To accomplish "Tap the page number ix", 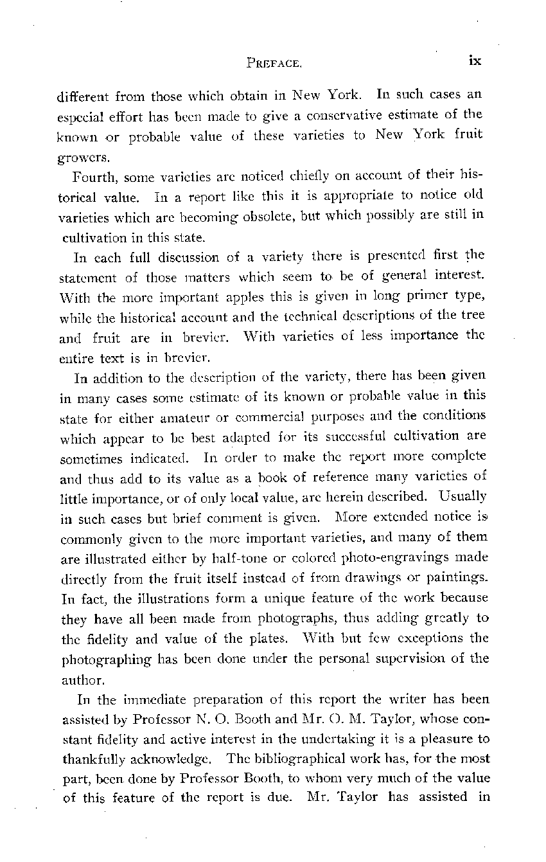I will [x=475, y=60].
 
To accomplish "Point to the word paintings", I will [x=459, y=577].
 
